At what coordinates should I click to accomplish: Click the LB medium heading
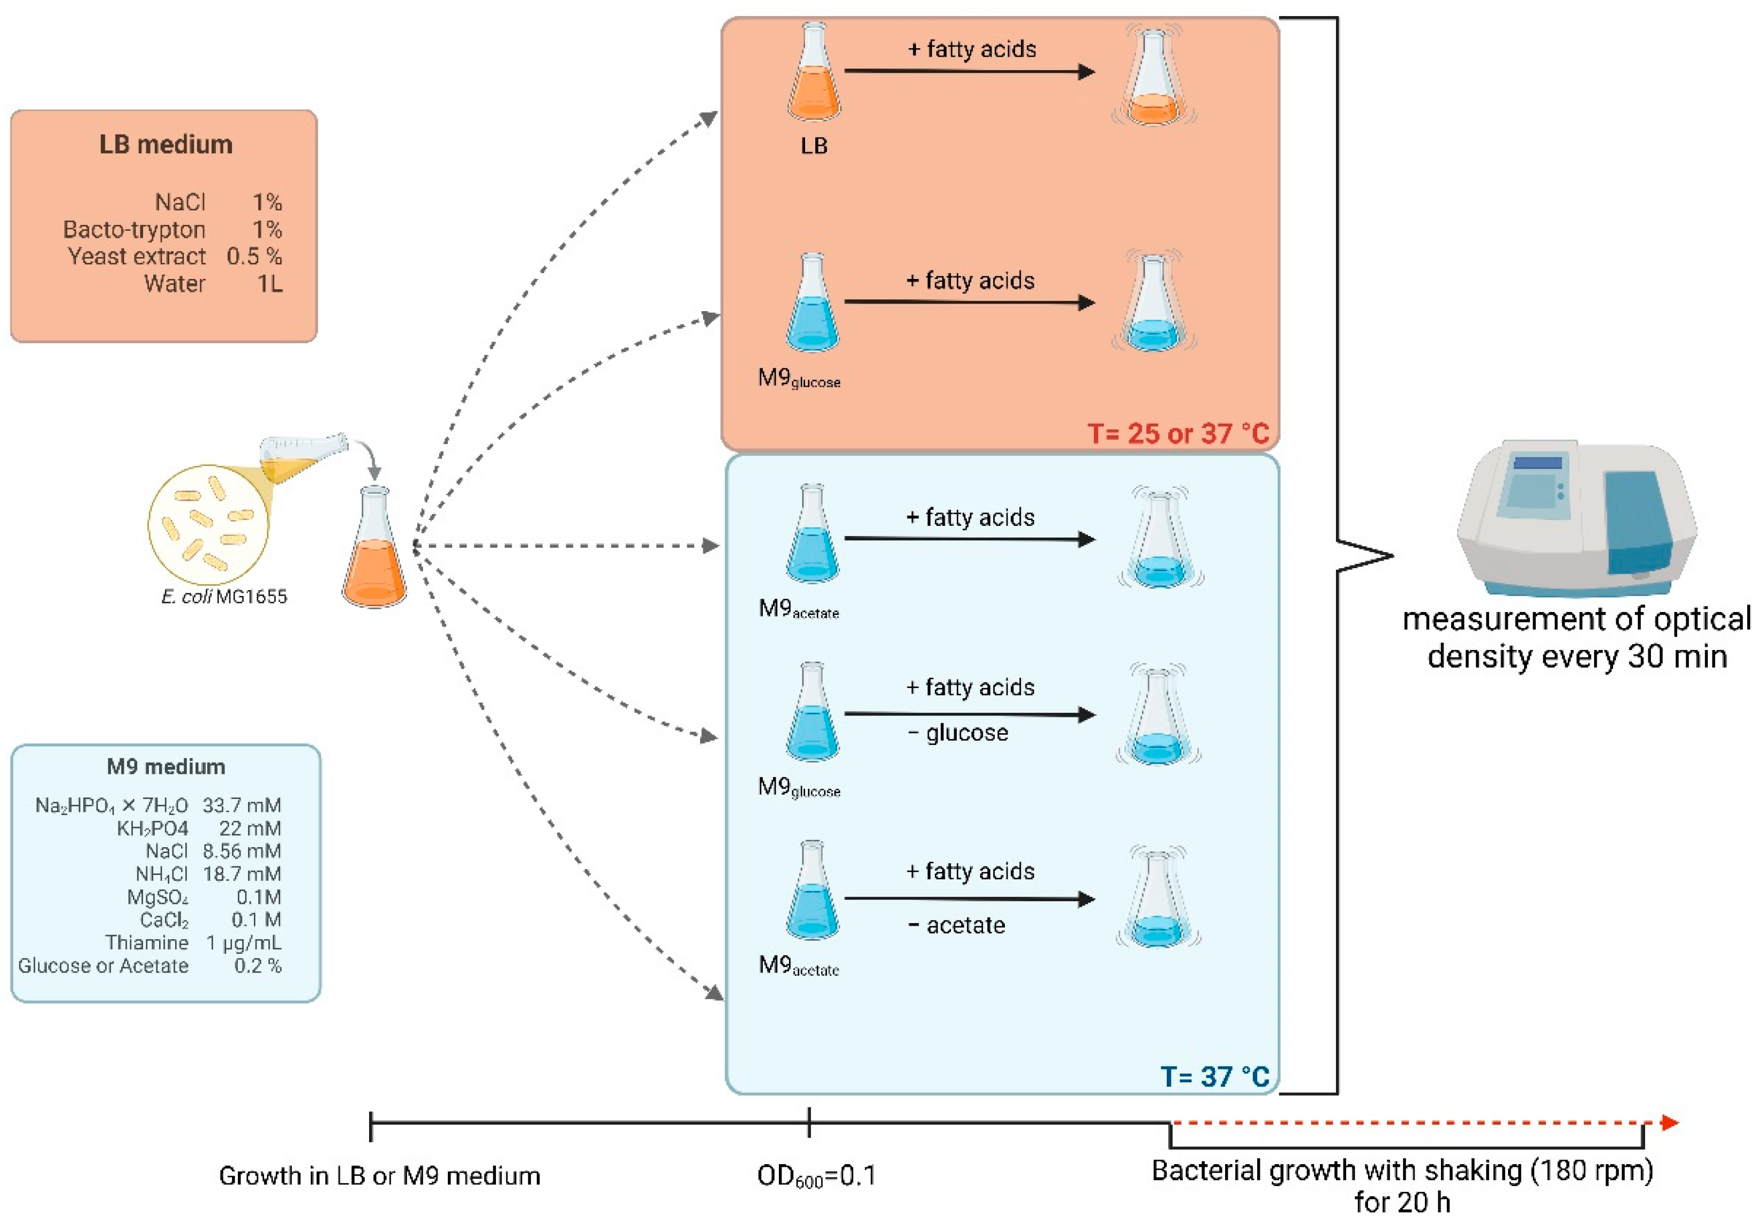coord(166,145)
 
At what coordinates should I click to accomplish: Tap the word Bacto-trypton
coord(134,230)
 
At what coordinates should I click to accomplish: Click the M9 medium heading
coord(166,767)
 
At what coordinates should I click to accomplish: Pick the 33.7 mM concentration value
coord(242,805)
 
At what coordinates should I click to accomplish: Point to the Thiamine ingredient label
coord(147,942)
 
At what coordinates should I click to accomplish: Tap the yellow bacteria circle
coord(208,525)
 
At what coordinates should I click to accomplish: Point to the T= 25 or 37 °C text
coord(1178,434)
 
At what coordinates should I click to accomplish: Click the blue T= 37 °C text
coord(1215,1077)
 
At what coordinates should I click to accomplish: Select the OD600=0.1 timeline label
coord(816,1176)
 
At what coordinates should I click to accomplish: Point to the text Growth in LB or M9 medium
coord(380,1175)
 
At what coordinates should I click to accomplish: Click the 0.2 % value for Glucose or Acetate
coord(258,965)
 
